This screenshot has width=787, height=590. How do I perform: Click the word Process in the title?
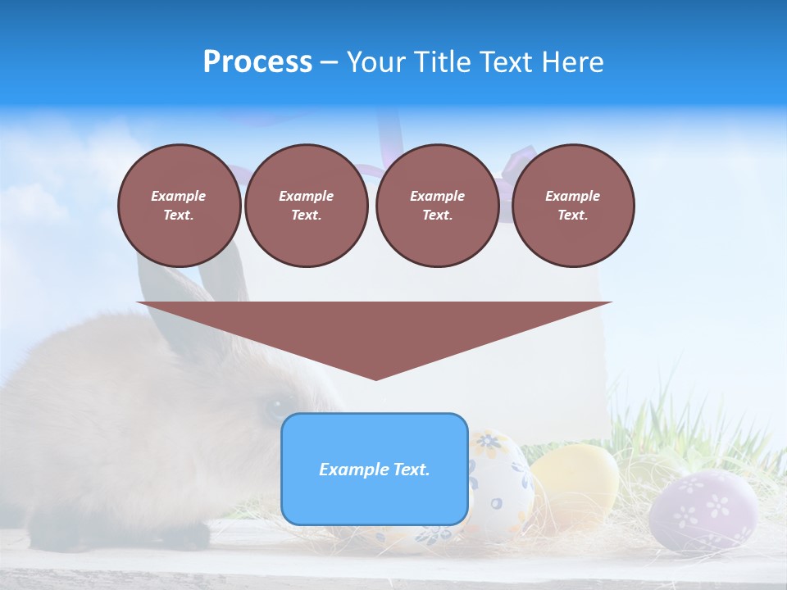[x=257, y=62]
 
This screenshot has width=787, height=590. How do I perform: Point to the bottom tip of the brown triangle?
[x=375, y=378]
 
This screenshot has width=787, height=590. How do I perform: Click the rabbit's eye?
[x=271, y=408]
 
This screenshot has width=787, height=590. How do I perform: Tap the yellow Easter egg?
[x=575, y=483]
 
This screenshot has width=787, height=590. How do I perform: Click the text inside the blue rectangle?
[x=375, y=470]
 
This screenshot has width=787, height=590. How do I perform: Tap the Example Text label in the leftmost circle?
[x=179, y=205]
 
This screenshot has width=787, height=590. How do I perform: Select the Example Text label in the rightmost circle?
[x=572, y=205]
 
